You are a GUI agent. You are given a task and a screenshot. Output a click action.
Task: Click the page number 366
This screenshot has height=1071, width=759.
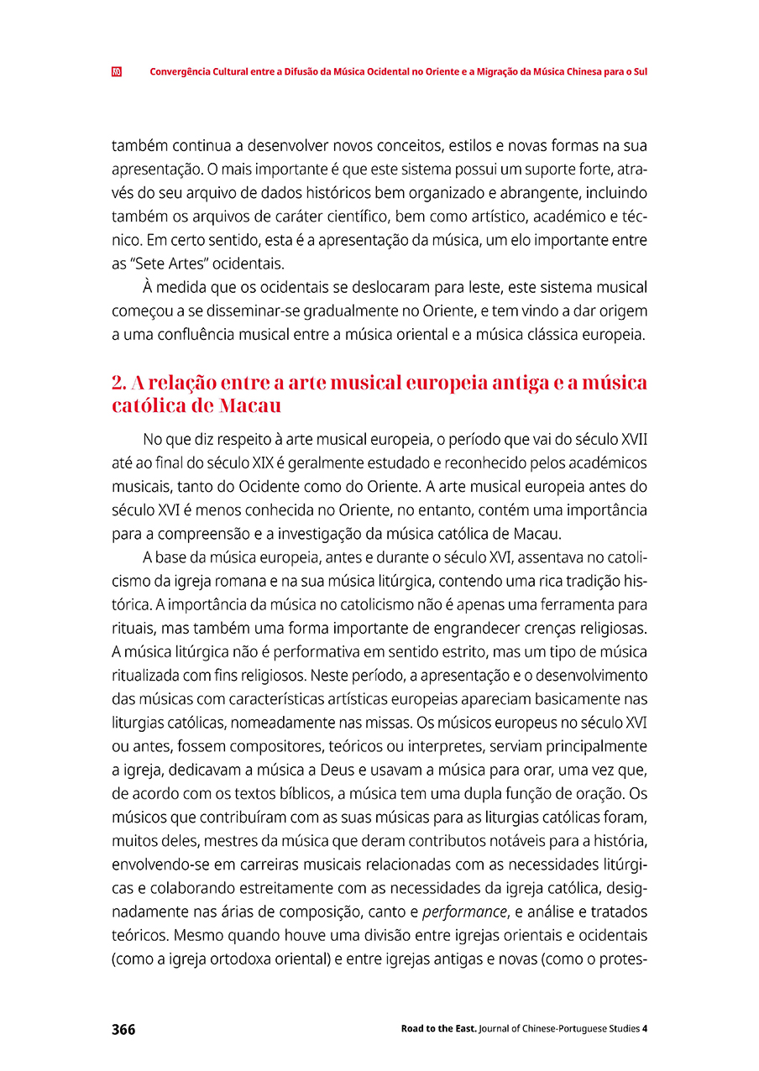coord(123,1029)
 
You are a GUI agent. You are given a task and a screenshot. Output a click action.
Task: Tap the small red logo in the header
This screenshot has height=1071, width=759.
coord(117,72)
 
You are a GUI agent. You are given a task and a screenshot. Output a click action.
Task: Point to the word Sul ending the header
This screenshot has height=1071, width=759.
coord(640,72)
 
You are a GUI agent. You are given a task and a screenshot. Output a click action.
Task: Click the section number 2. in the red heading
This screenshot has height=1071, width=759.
coord(118,384)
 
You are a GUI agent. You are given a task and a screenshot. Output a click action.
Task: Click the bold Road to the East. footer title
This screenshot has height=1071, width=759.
coord(438,1029)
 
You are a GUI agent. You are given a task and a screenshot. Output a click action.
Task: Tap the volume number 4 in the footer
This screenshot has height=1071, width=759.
coord(644,1029)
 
